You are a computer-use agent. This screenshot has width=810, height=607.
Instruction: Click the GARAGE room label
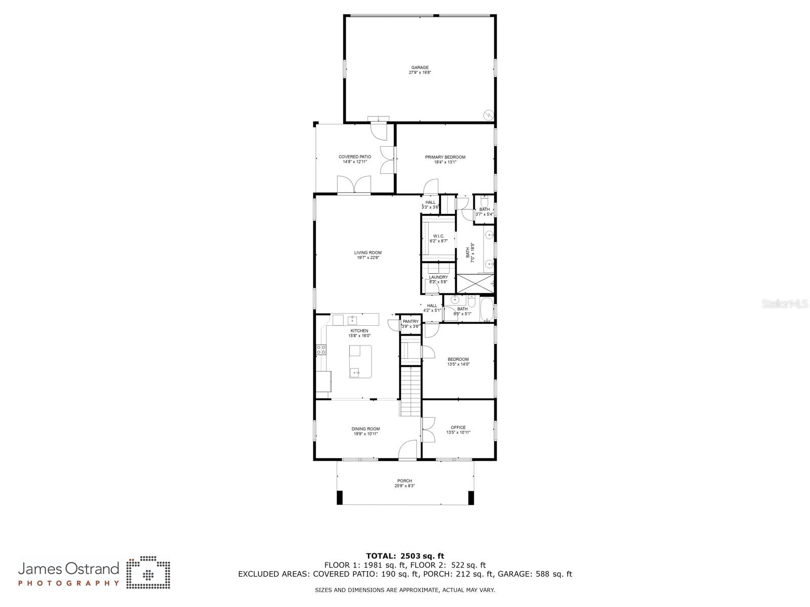tap(420, 68)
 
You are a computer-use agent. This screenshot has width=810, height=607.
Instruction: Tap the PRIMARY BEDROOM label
tap(445, 157)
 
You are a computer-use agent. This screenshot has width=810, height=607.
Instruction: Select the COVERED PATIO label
tap(354, 157)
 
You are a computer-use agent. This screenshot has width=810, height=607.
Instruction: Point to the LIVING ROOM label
tap(368, 253)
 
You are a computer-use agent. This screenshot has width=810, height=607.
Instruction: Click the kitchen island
tap(360, 361)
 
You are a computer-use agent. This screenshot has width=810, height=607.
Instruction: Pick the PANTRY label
tap(411, 322)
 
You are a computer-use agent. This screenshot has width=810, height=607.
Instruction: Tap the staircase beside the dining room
tap(411, 392)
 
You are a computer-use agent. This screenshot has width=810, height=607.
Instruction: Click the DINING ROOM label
tap(366, 429)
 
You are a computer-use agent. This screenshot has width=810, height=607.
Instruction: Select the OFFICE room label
tap(458, 427)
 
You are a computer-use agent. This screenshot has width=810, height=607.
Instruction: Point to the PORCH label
tap(404, 481)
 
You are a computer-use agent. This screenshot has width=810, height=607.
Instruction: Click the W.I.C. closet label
tap(438, 236)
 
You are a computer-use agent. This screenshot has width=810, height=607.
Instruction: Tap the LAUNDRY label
tap(438, 277)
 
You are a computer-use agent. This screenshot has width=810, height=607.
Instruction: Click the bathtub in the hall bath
tap(487, 310)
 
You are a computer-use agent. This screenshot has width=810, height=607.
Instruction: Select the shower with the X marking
tap(475, 284)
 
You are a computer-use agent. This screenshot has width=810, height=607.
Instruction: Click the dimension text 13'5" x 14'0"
tap(458, 364)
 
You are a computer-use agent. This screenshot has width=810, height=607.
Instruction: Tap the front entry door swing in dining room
tap(408, 450)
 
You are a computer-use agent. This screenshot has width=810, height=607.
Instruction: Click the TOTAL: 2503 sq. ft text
tap(405, 556)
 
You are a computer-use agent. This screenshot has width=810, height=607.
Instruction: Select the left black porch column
tap(340, 498)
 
